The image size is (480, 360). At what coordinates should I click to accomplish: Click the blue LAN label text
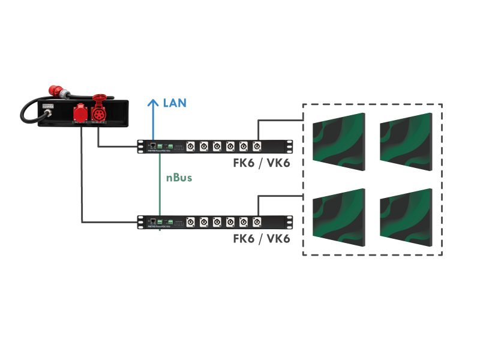(x=175, y=103)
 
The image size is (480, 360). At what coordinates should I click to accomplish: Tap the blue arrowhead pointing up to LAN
(x=153, y=103)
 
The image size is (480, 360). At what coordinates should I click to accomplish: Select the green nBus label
(x=179, y=178)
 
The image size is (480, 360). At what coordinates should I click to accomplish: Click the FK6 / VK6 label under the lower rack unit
(x=262, y=238)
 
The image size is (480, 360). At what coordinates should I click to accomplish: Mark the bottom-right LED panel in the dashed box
(x=406, y=218)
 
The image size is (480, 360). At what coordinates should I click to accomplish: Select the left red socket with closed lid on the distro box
(x=80, y=113)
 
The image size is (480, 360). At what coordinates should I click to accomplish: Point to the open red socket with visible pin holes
(x=99, y=112)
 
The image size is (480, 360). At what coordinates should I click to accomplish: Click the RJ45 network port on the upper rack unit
(x=153, y=146)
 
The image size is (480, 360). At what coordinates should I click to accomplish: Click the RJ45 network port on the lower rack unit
(x=153, y=222)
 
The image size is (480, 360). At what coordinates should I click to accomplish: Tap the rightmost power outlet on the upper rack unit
(x=257, y=146)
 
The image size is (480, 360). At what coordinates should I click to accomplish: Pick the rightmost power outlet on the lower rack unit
(x=257, y=222)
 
